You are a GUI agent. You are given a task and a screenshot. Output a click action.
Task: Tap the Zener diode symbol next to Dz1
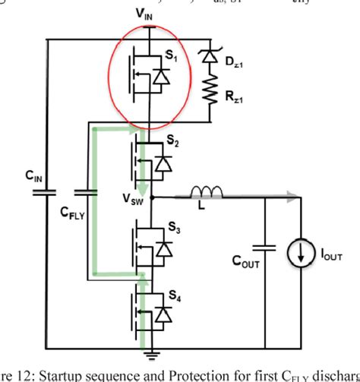click(x=207, y=55)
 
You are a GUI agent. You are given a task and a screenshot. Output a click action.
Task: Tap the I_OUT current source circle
click(x=302, y=250)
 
